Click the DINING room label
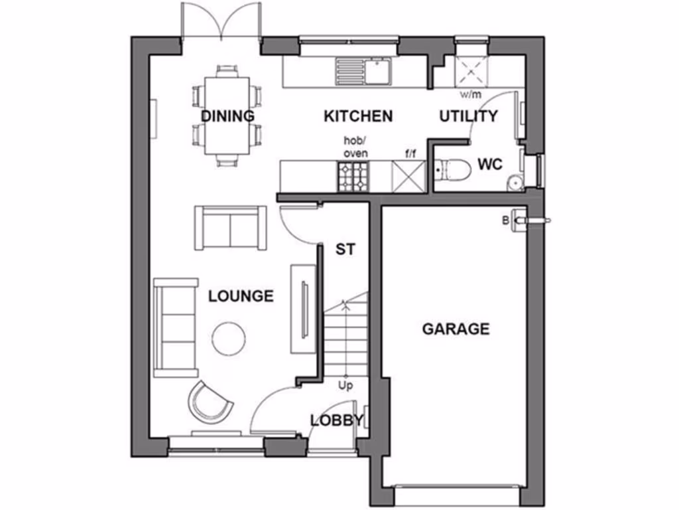227,116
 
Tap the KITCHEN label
357,116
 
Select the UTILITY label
468,117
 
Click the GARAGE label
456,329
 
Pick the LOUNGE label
241,296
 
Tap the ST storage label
345,250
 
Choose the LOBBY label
337,420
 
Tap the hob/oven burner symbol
352,177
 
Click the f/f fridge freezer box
407,177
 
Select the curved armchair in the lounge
210,400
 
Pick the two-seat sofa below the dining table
231,228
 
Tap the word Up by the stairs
345,385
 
